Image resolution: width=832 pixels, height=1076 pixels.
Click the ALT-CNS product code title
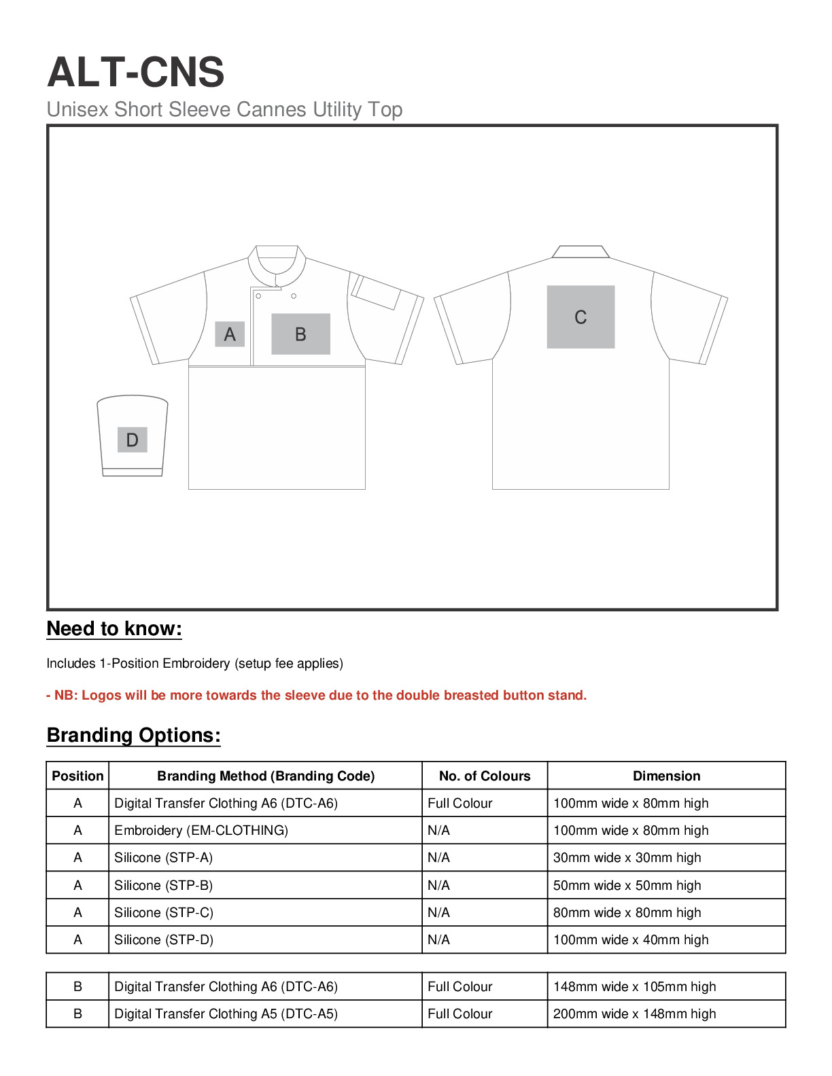(x=135, y=72)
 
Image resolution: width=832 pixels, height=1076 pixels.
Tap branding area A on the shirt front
(x=230, y=334)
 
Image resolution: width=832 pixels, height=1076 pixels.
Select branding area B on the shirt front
(x=300, y=334)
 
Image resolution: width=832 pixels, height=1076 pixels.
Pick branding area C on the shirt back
(x=580, y=317)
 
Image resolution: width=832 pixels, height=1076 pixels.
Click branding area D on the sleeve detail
(x=133, y=440)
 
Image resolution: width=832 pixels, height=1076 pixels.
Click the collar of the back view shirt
(x=580, y=252)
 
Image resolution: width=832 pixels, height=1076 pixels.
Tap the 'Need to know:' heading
(x=114, y=628)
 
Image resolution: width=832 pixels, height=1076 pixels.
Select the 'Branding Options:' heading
(x=133, y=735)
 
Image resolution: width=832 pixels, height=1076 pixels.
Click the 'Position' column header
(x=77, y=776)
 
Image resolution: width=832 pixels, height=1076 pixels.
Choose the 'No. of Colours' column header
(x=485, y=776)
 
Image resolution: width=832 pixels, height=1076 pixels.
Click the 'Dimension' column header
(x=666, y=776)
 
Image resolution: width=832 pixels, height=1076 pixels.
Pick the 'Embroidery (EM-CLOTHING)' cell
(x=201, y=830)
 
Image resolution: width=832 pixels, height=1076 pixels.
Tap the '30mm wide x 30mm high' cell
(x=627, y=857)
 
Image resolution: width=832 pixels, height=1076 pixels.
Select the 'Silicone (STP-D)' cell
(x=164, y=939)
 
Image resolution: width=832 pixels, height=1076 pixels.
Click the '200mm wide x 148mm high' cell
(x=634, y=1014)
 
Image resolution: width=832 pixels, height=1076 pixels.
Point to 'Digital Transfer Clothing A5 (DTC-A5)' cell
(x=226, y=1014)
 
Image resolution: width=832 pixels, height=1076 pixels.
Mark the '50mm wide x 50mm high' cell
(x=627, y=885)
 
